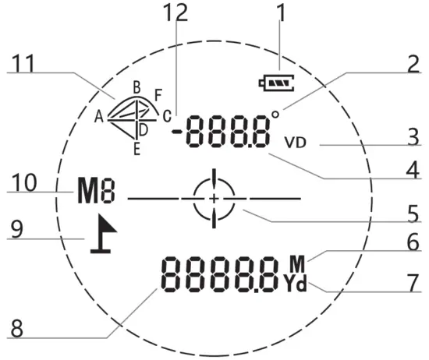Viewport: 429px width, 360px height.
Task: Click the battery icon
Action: point(277,83)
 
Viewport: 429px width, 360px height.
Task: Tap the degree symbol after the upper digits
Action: point(275,115)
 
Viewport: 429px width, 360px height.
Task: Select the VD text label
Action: point(295,143)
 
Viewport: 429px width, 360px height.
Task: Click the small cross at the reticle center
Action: point(214,199)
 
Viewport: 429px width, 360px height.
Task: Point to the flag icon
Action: point(104,234)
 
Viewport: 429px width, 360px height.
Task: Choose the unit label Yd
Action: point(295,284)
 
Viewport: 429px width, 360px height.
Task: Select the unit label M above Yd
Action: point(297,264)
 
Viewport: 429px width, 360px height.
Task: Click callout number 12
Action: point(175,12)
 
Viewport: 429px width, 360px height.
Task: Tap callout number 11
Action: point(24,63)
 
